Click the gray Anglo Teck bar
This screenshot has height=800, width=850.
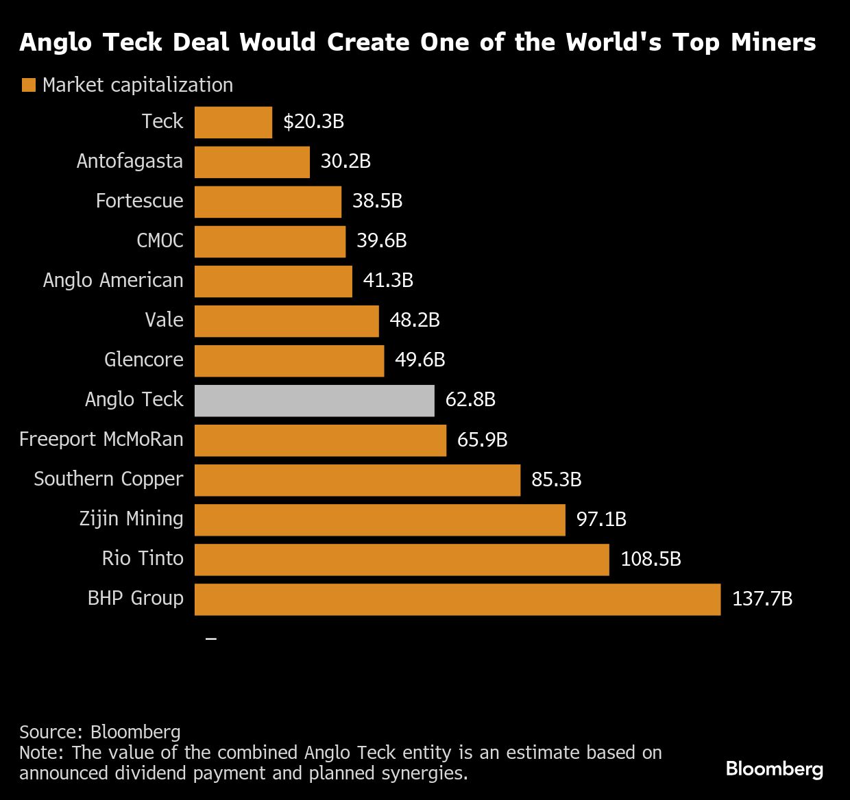[x=314, y=401]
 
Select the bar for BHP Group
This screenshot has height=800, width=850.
[x=457, y=599]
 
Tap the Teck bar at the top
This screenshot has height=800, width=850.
[x=233, y=123]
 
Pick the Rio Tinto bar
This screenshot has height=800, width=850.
[x=402, y=560]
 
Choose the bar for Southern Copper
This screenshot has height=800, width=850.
[x=357, y=480]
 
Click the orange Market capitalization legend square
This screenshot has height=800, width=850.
[x=28, y=86]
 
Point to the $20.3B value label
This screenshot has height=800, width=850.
[x=313, y=122]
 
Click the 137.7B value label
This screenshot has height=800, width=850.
[x=762, y=599]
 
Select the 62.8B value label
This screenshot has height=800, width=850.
[x=470, y=400]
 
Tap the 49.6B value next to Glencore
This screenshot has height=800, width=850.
[x=420, y=360]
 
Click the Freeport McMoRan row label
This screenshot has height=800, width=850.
[x=101, y=440]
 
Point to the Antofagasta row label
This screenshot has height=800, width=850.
[x=130, y=162]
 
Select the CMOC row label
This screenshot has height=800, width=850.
[x=160, y=241]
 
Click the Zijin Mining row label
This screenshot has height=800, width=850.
[x=131, y=519]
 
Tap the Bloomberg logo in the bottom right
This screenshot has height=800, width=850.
[x=774, y=769]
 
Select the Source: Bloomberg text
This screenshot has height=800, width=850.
[x=100, y=732]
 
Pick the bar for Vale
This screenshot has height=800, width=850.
[x=287, y=321]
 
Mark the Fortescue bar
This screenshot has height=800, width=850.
[x=268, y=202]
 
